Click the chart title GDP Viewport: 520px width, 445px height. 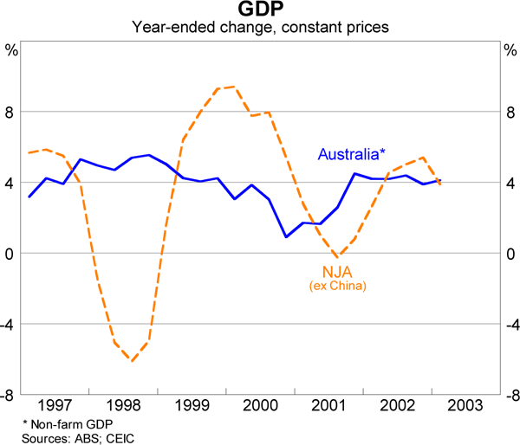pyautogui.click(x=260, y=10)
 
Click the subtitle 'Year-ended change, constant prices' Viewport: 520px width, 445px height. pyautogui.click(x=260, y=28)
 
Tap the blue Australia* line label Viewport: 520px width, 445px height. pyautogui.click(x=350, y=155)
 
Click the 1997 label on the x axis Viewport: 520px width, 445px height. pyautogui.click(x=55, y=405)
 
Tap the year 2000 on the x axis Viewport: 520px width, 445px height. pyautogui.click(x=260, y=405)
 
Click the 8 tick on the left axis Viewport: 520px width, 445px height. pyautogui.click(x=11, y=113)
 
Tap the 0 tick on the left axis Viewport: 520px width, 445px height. pyautogui.click(x=11, y=254)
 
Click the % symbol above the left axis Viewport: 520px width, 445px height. pyautogui.click(x=12, y=48)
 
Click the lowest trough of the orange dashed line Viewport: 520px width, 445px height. pyautogui.click(x=132, y=360)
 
